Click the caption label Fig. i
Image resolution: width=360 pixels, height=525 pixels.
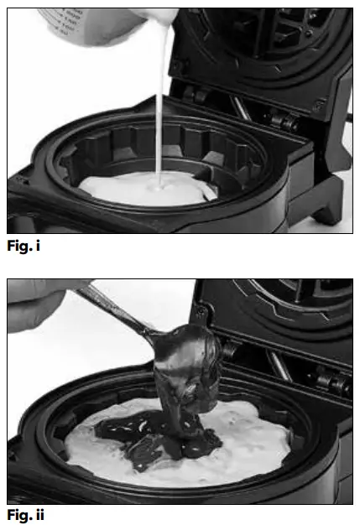pyautogui.click(x=24, y=247)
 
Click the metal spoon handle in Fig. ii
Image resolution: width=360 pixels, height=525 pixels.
pyautogui.click(x=113, y=310)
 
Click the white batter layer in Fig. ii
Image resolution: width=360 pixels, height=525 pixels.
pyautogui.click(x=243, y=436)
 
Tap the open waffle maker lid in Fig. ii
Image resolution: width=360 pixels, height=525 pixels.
pyautogui.click(x=277, y=319)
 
